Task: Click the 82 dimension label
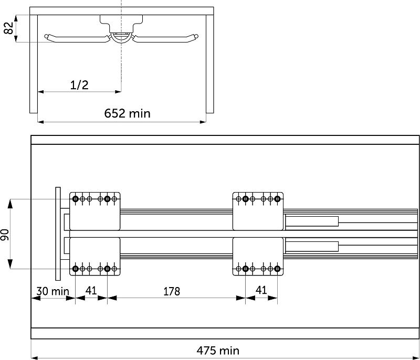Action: [x=8, y=28]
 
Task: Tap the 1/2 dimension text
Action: [x=79, y=85]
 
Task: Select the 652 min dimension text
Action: [x=127, y=113]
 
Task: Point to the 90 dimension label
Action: [x=5, y=235]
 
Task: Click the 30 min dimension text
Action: [x=53, y=291]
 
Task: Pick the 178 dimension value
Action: [x=172, y=291]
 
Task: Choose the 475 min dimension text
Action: [x=218, y=351]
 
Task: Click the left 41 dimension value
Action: [x=91, y=290]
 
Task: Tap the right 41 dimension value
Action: [x=261, y=290]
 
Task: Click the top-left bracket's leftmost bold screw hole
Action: [x=76, y=199]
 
